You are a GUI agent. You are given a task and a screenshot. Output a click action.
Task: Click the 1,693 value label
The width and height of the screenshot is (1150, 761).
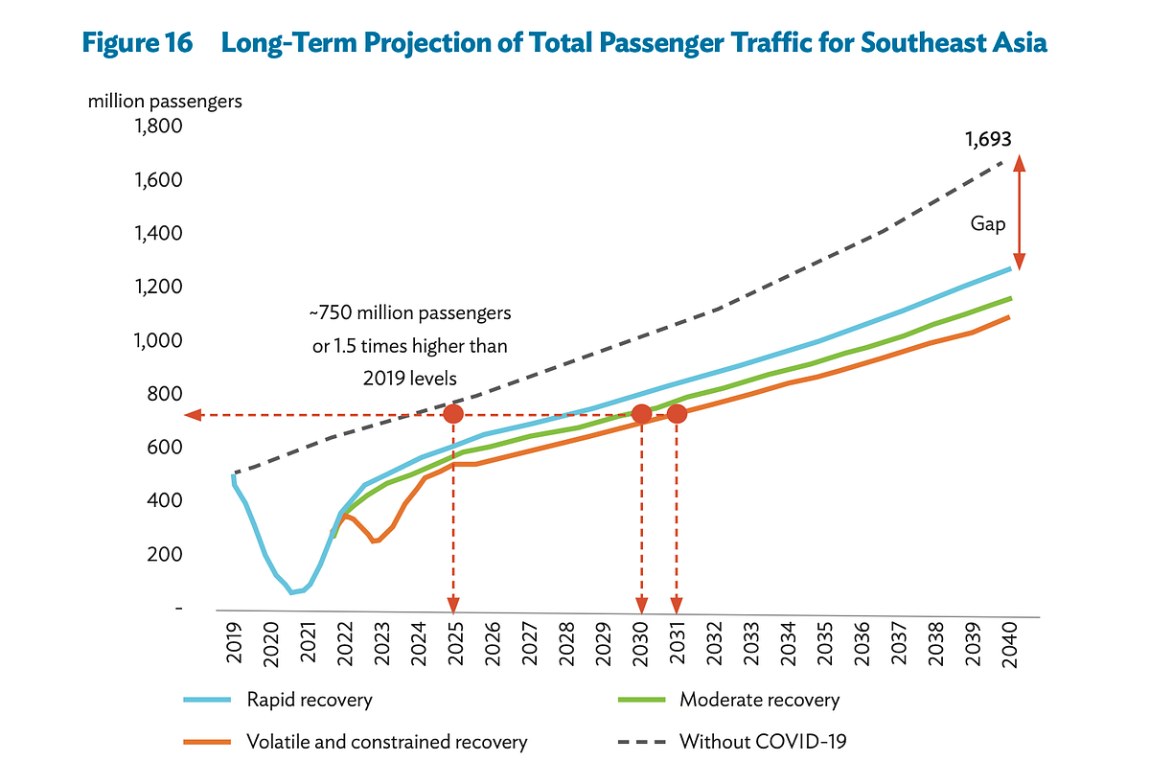(x=987, y=140)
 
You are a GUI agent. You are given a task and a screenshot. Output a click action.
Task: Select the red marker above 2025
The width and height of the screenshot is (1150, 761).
(x=454, y=414)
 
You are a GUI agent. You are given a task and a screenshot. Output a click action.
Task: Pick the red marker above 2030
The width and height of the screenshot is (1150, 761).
(x=641, y=414)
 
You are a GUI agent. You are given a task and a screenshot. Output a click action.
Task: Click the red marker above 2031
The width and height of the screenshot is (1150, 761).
(x=677, y=414)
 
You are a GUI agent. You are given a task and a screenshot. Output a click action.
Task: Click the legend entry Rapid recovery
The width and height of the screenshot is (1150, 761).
(x=309, y=700)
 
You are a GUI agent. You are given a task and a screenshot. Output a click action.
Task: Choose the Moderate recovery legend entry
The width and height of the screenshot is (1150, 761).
(x=759, y=700)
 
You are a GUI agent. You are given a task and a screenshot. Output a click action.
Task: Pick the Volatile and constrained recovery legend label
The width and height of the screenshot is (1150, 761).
(x=386, y=741)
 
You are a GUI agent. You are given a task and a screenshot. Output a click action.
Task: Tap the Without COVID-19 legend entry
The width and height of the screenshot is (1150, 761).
(x=763, y=741)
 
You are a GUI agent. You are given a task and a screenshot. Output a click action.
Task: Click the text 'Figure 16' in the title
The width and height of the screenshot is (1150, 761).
(x=137, y=43)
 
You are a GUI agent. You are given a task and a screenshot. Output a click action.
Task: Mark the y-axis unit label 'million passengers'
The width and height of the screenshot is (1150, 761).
(x=165, y=100)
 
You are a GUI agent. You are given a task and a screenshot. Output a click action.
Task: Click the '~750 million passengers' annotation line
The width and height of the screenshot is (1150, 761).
(x=409, y=313)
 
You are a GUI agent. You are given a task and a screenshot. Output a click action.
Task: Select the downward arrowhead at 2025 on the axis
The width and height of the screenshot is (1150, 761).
(x=453, y=605)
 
